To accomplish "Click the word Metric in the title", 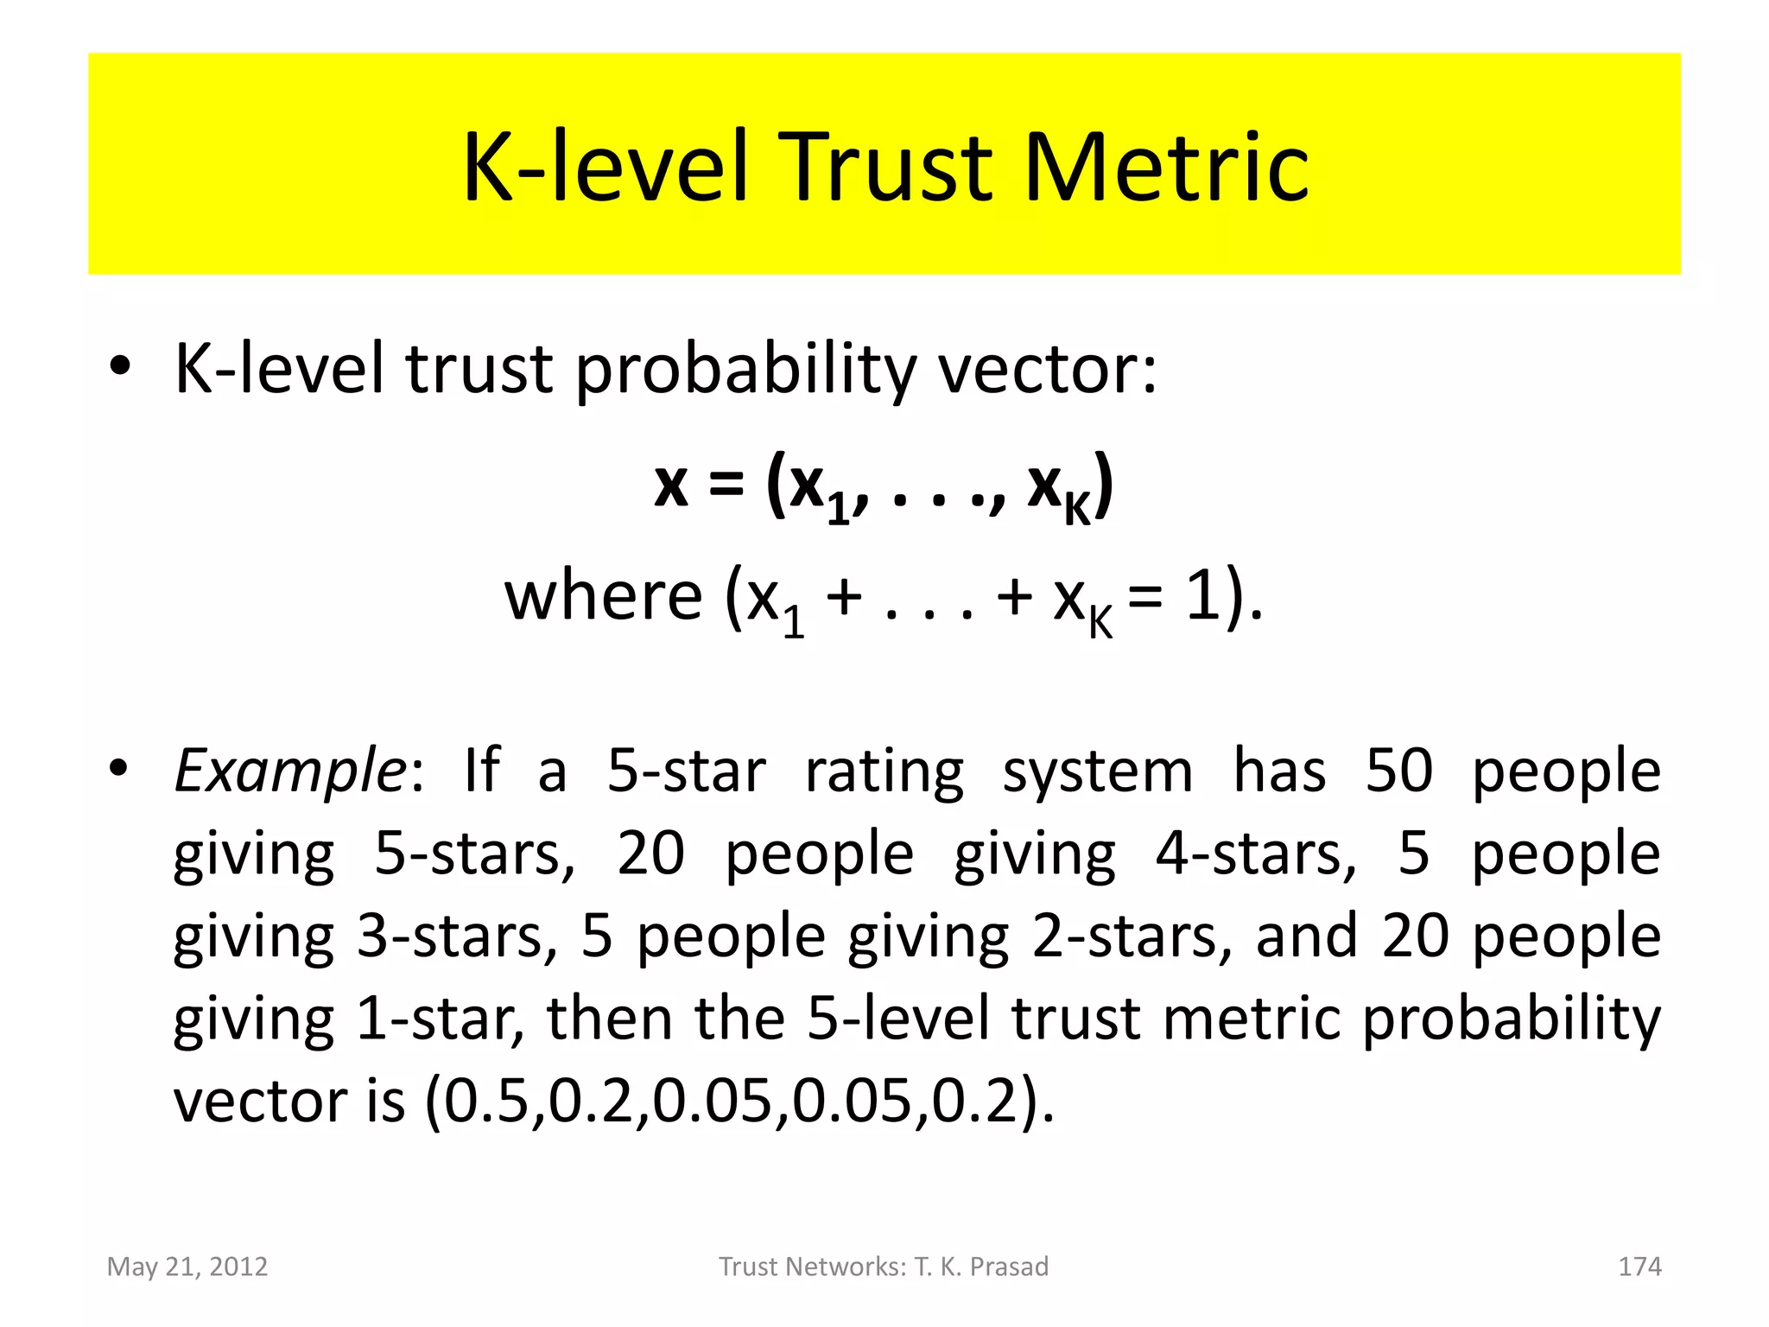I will [x=1166, y=168].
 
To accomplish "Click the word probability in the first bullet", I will [x=744, y=370].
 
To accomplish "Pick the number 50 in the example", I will [x=1398, y=771].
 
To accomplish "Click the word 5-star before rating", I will [x=686, y=771].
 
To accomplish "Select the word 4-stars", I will [x=1256, y=854].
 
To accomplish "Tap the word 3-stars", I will [x=457, y=937].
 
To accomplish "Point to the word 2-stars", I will [x=1132, y=937].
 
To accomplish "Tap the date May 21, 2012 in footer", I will [x=187, y=1267].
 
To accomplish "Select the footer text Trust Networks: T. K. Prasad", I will [x=884, y=1267].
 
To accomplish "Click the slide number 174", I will [x=1639, y=1267].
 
